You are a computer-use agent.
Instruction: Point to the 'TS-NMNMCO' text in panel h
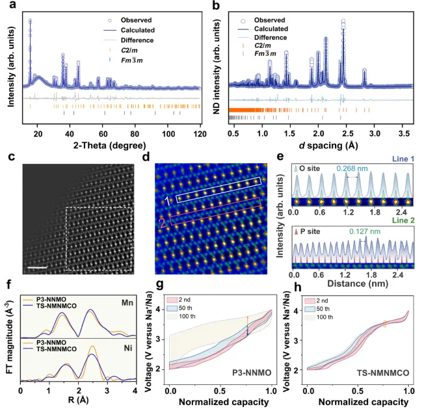(382, 372)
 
